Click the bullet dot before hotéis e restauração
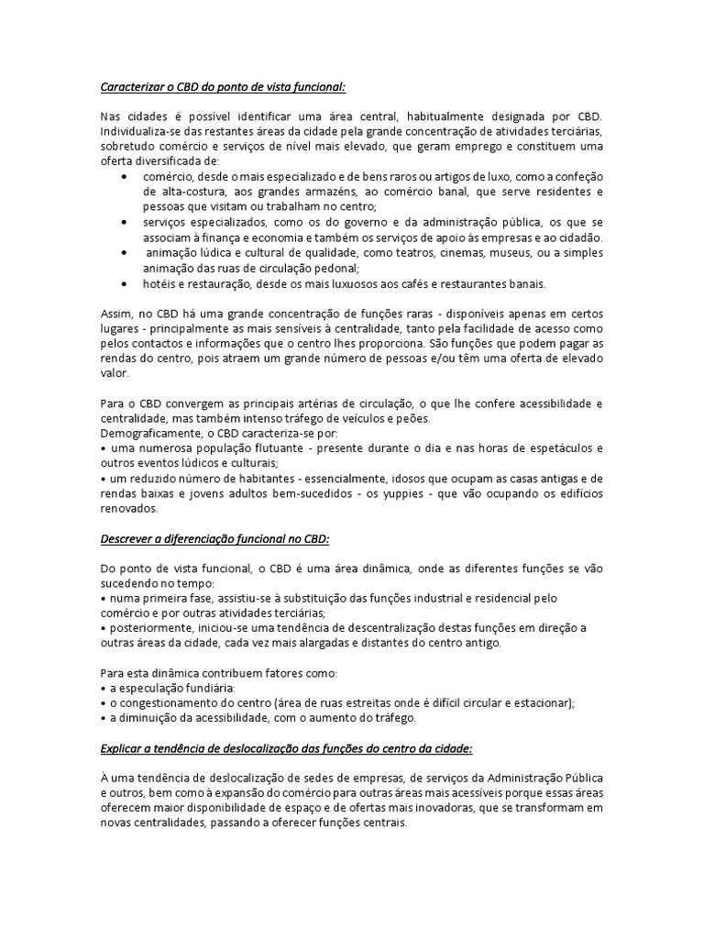coord(124,283)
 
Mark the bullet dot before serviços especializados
coord(124,222)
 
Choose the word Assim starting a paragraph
coord(115,315)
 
